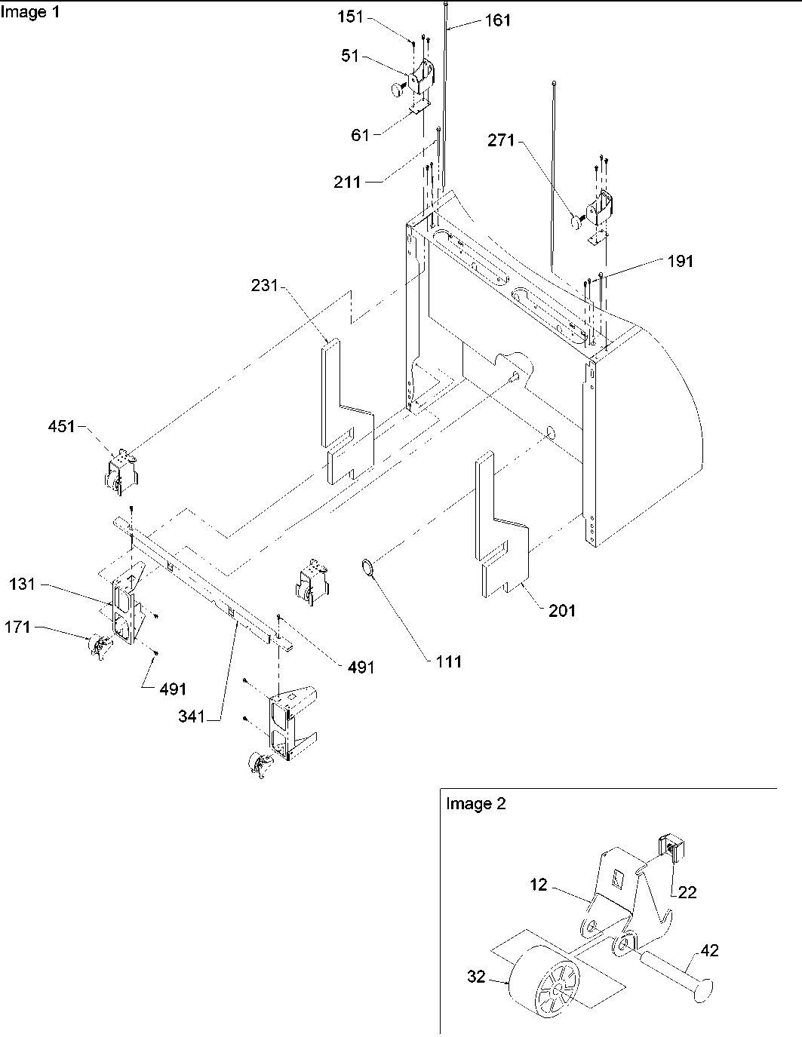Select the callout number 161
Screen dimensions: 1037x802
click(x=498, y=20)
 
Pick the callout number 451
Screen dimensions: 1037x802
click(x=61, y=427)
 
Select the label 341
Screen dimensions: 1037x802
click(x=191, y=716)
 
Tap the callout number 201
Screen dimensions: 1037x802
click(x=561, y=610)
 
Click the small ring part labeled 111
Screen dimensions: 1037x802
click(x=367, y=567)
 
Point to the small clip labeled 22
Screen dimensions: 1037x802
click(x=671, y=848)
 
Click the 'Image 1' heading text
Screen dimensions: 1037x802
click(x=29, y=12)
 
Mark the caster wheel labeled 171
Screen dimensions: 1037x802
click(x=99, y=646)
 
